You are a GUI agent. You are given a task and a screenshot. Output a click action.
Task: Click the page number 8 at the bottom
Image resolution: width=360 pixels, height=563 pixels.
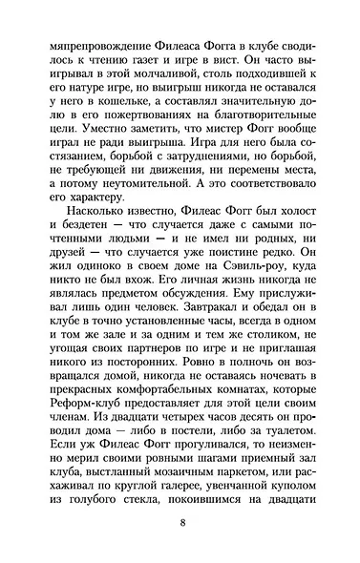180,522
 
